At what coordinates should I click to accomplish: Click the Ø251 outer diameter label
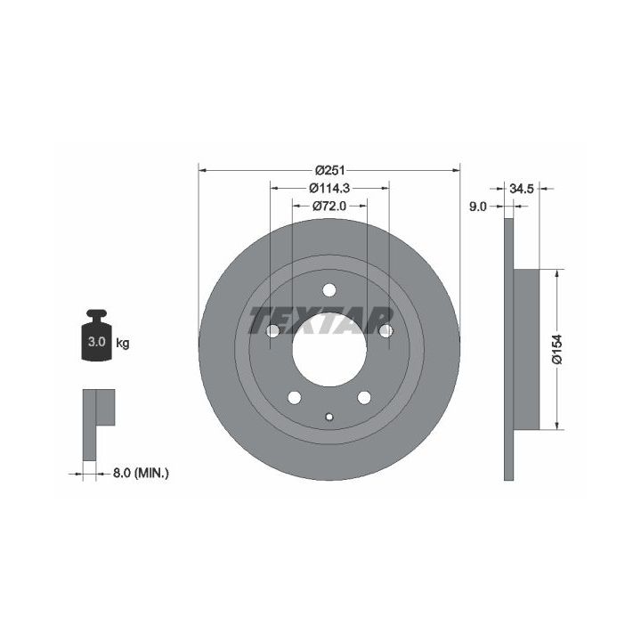coord(330,169)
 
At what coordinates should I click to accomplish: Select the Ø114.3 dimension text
coord(329,188)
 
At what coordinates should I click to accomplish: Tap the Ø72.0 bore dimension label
coord(329,206)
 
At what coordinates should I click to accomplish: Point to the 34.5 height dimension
coord(522,189)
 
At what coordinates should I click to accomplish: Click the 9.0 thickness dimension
coord(477,207)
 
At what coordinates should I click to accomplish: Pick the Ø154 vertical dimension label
coord(557,349)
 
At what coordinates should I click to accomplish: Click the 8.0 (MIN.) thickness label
coord(141,473)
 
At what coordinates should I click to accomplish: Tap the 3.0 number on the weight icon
coord(96,341)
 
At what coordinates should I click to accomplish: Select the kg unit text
coord(122,343)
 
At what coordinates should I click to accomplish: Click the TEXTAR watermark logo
coord(320,320)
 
